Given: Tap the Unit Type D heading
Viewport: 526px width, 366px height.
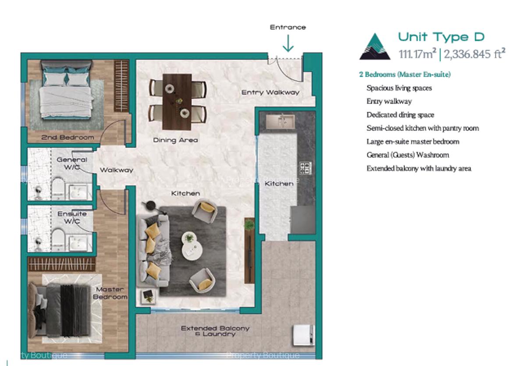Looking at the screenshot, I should point(441,37).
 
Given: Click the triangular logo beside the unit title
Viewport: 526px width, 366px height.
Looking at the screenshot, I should point(375,46).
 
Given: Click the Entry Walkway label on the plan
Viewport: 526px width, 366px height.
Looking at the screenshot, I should point(270,92).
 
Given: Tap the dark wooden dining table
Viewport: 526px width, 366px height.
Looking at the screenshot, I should point(177,101).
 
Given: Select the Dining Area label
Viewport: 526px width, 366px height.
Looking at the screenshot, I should point(175,140).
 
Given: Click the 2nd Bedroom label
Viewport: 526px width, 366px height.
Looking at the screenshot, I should point(68,137).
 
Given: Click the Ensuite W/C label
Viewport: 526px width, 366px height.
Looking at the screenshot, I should point(72,217).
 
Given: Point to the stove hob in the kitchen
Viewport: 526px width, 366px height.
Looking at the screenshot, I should point(305,168).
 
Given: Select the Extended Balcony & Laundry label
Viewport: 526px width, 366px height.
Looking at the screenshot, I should point(215,331).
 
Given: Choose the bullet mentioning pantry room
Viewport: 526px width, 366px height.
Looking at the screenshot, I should point(422,128).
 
